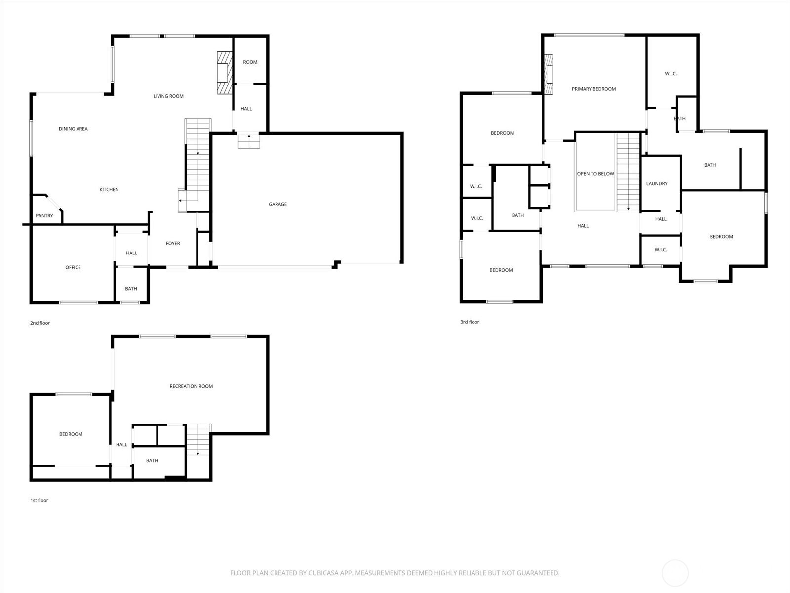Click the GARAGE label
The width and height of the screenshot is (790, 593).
pyautogui.click(x=277, y=204)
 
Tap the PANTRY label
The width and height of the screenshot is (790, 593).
pyautogui.click(x=44, y=216)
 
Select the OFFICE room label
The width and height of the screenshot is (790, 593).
pyautogui.click(x=73, y=267)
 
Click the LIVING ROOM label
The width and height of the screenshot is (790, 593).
pyautogui.click(x=168, y=96)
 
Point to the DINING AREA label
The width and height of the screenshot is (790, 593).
pyautogui.click(x=73, y=129)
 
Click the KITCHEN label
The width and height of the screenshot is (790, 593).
pyautogui.click(x=109, y=190)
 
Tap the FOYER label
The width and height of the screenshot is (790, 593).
pyautogui.click(x=173, y=243)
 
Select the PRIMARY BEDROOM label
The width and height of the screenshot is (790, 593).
pyautogui.click(x=593, y=89)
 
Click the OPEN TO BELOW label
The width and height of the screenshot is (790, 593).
pyautogui.click(x=595, y=174)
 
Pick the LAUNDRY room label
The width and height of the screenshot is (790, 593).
pyautogui.click(x=657, y=184)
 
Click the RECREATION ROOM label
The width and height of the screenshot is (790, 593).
pyautogui.click(x=191, y=386)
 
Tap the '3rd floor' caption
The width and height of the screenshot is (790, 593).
pyautogui.click(x=470, y=322)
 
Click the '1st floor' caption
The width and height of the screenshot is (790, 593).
pyautogui.click(x=39, y=501)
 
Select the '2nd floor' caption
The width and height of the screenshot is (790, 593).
pyautogui.click(x=40, y=323)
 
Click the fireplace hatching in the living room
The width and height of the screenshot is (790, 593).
pyautogui.click(x=224, y=73)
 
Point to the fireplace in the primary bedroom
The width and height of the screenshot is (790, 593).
pyautogui.click(x=548, y=74)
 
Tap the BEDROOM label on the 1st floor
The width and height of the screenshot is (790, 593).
pyautogui.click(x=71, y=434)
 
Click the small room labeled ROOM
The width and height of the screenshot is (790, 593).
pyautogui.click(x=250, y=62)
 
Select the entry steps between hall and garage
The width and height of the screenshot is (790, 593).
pyautogui.click(x=249, y=141)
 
